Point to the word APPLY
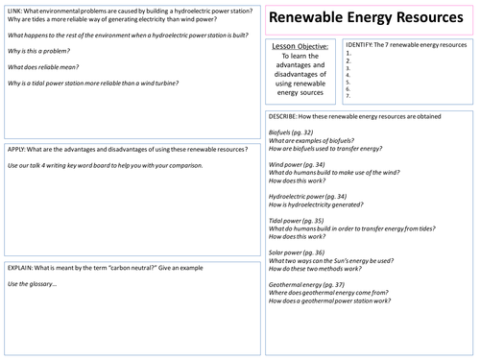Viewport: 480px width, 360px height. point(18,150)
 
